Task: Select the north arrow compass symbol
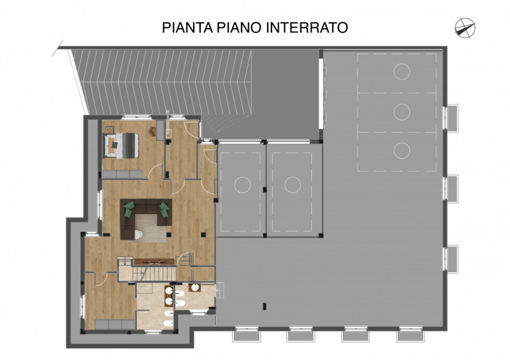point(465,26)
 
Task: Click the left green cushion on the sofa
point(129,208)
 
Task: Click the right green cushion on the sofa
point(164,208)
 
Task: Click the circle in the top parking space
point(401,69)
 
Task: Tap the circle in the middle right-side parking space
point(401,112)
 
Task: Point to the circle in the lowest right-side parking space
point(401,151)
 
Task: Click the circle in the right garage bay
point(292,185)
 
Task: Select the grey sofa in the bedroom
point(124,174)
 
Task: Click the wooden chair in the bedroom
point(154,131)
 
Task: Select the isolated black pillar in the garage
point(263,307)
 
